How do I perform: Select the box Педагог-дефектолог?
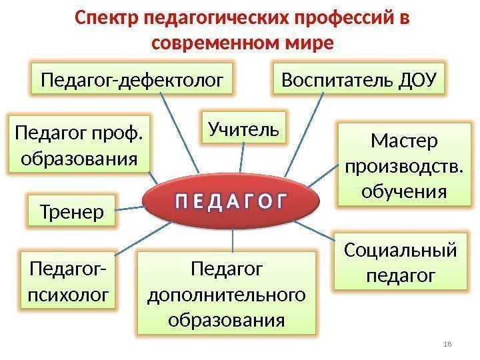pyautogui.click(x=133, y=81)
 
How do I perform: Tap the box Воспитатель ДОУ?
pyautogui.click(x=359, y=81)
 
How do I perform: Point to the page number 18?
pyautogui.click(x=447, y=343)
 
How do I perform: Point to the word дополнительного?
pyautogui.click(x=227, y=294)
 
